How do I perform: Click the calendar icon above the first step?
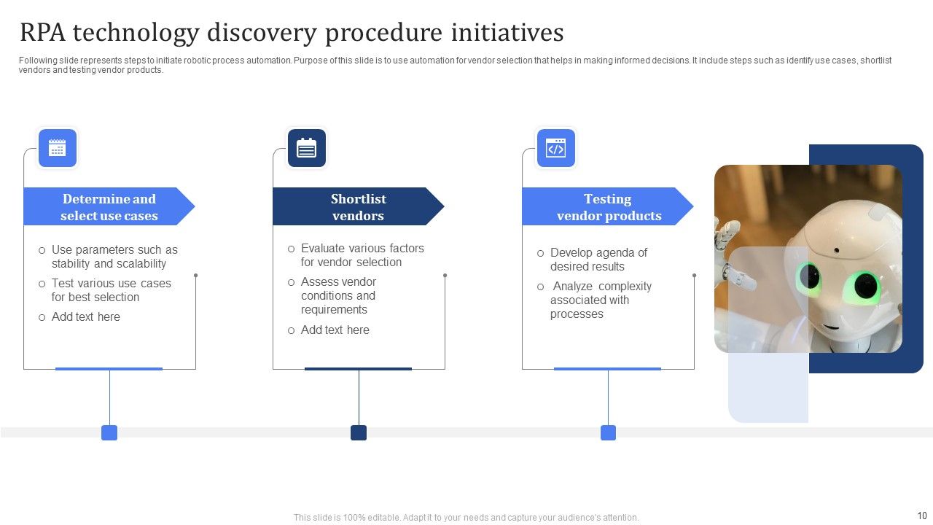coord(57,148)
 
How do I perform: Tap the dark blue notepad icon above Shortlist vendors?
coord(307,148)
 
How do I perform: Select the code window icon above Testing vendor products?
coord(556,148)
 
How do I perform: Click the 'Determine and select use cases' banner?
coord(109,207)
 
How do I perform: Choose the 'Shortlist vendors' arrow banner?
coord(358,207)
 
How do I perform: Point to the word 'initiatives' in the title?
coord(507,34)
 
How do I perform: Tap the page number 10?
coord(921,516)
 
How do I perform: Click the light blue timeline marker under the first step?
coord(109,433)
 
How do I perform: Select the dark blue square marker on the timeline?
coord(359,433)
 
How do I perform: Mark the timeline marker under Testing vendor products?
coord(608,433)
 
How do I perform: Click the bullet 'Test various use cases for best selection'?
coord(111,290)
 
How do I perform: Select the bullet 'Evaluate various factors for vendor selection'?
coord(362,255)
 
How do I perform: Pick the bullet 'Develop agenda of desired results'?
coord(598,260)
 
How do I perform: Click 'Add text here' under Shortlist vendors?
coord(335,330)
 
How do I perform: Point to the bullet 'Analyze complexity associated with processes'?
coord(600,300)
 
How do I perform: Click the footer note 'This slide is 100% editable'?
coord(466,518)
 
